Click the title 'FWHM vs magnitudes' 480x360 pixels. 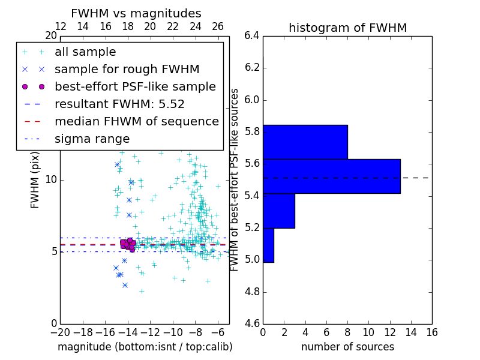point(136,14)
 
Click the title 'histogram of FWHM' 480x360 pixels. point(347,28)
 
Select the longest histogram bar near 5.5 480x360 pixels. point(331,176)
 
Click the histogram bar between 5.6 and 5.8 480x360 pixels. point(305,142)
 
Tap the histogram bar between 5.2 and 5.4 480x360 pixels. point(278,211)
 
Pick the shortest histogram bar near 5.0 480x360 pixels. point(268,245)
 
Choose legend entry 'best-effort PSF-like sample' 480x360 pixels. point(135,87)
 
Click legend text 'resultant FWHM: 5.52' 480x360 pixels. point(119,104)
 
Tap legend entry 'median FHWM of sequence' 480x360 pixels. point(136,122)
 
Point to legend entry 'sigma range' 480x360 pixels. point(92,139)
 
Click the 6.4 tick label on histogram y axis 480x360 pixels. point(252,35)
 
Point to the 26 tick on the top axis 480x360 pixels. point(218,26)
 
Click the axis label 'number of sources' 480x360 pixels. point(347,347)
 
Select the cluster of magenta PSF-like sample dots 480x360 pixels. point(128,244)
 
